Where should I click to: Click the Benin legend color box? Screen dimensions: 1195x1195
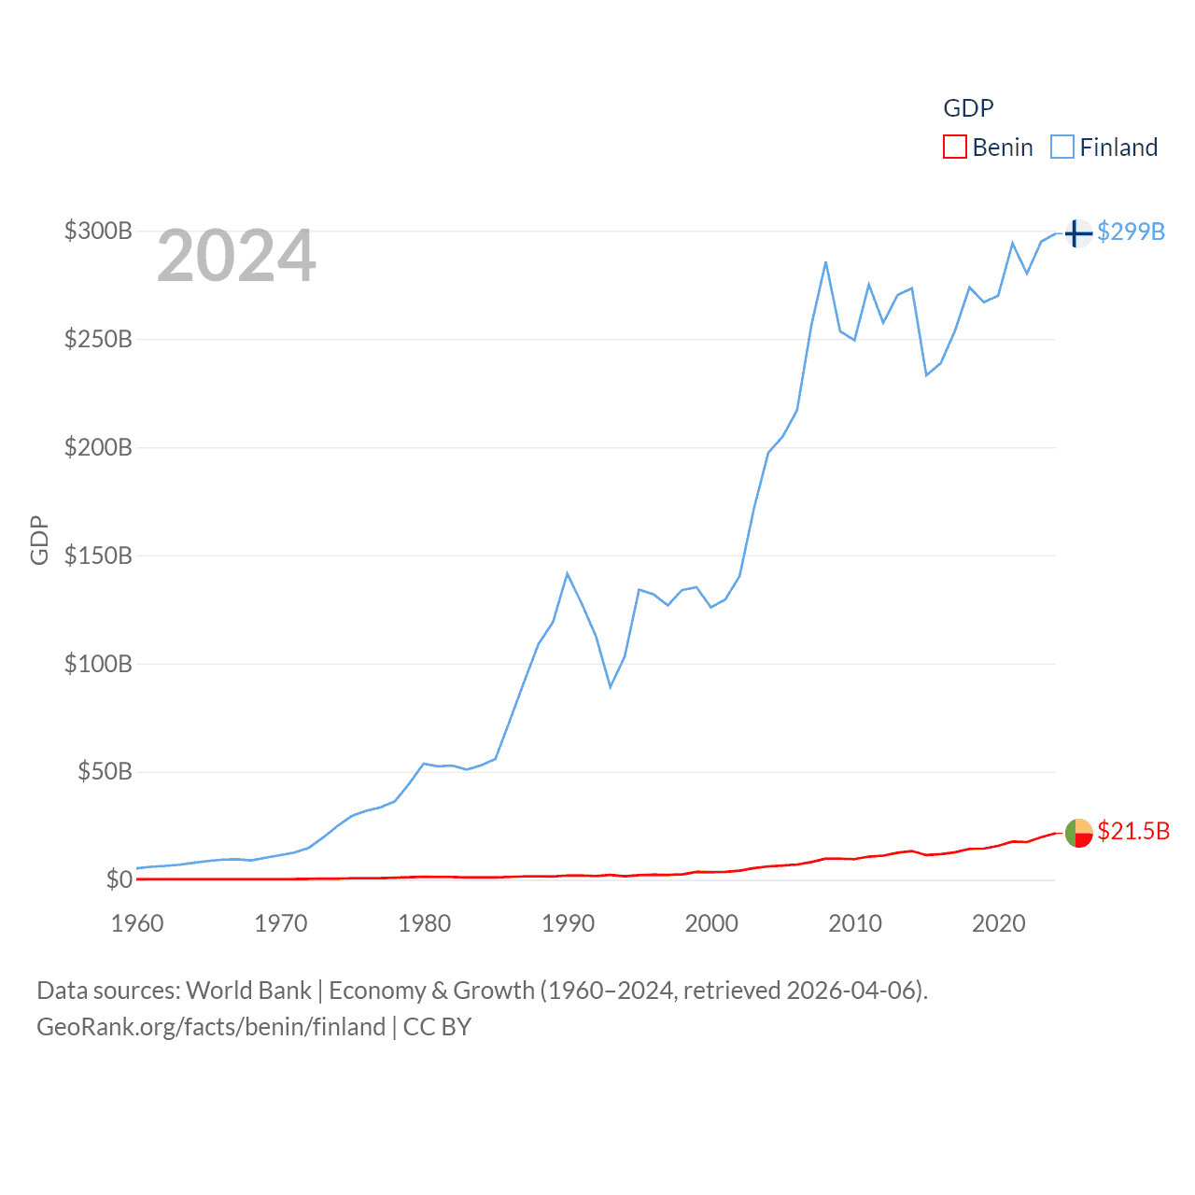pos(954,148)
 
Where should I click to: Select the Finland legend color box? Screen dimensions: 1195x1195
pos(1062,148)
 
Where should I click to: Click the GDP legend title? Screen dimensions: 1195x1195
pos(968,108)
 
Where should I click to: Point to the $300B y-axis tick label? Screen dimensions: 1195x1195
pos(98,231)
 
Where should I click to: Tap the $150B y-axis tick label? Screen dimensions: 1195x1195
pos(98,555)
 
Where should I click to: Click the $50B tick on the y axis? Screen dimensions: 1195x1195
pos(105,772)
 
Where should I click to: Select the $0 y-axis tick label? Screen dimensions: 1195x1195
pos(119,879)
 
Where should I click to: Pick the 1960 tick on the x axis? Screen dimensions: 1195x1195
pos(137,923)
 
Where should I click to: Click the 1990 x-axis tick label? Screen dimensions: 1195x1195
pos(568,923)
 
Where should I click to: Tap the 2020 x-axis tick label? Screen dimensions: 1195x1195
pos(998,923)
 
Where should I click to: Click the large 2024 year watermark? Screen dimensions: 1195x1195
pos(236,256)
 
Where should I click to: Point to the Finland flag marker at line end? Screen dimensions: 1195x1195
pos(1077,232)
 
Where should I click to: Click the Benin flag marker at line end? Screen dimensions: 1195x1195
pos(1078,832)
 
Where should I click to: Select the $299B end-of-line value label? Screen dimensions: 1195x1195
pos(1131,232)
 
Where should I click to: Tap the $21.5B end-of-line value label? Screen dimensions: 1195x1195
pos(1132,831)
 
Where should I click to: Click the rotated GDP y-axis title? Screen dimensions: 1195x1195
pos(39,540)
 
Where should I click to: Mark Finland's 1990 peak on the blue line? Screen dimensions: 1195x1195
pos(567,573)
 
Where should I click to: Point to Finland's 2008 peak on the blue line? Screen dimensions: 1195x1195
pos(825,262)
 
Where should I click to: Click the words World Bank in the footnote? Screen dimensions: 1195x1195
pos(249,990)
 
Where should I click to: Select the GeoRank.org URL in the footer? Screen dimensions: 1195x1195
pos(211,1027)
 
